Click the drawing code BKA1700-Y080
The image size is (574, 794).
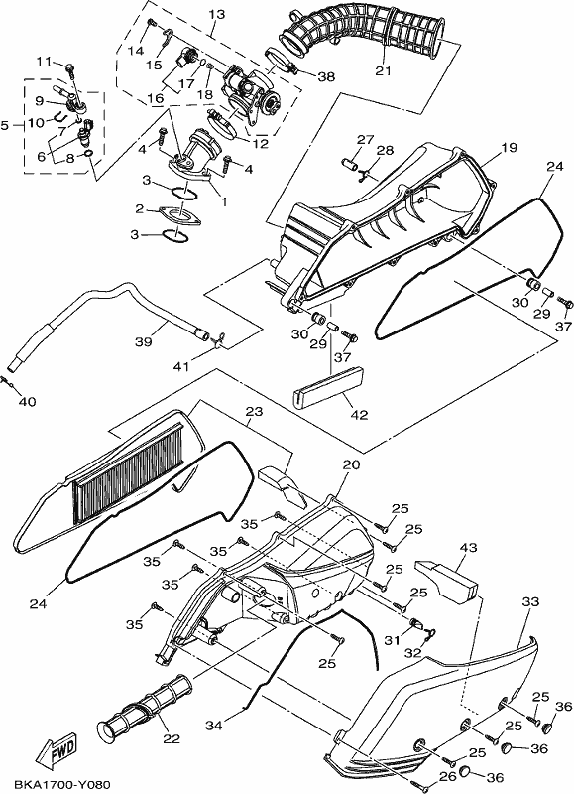click(61, 784)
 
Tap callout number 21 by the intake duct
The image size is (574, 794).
click(384, 70)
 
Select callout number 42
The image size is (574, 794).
click(359, 414)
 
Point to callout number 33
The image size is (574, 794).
click(531, 602)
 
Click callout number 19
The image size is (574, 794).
click(510, 148)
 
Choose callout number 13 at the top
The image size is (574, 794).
click(216, 14)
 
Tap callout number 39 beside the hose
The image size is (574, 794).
click(144, 341)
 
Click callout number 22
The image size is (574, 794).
click(172, 738)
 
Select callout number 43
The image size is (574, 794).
click(468, 548)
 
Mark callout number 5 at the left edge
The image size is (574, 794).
click(5, 125)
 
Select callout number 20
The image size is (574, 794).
click(352, 464)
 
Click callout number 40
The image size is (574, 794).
click(28, 402)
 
